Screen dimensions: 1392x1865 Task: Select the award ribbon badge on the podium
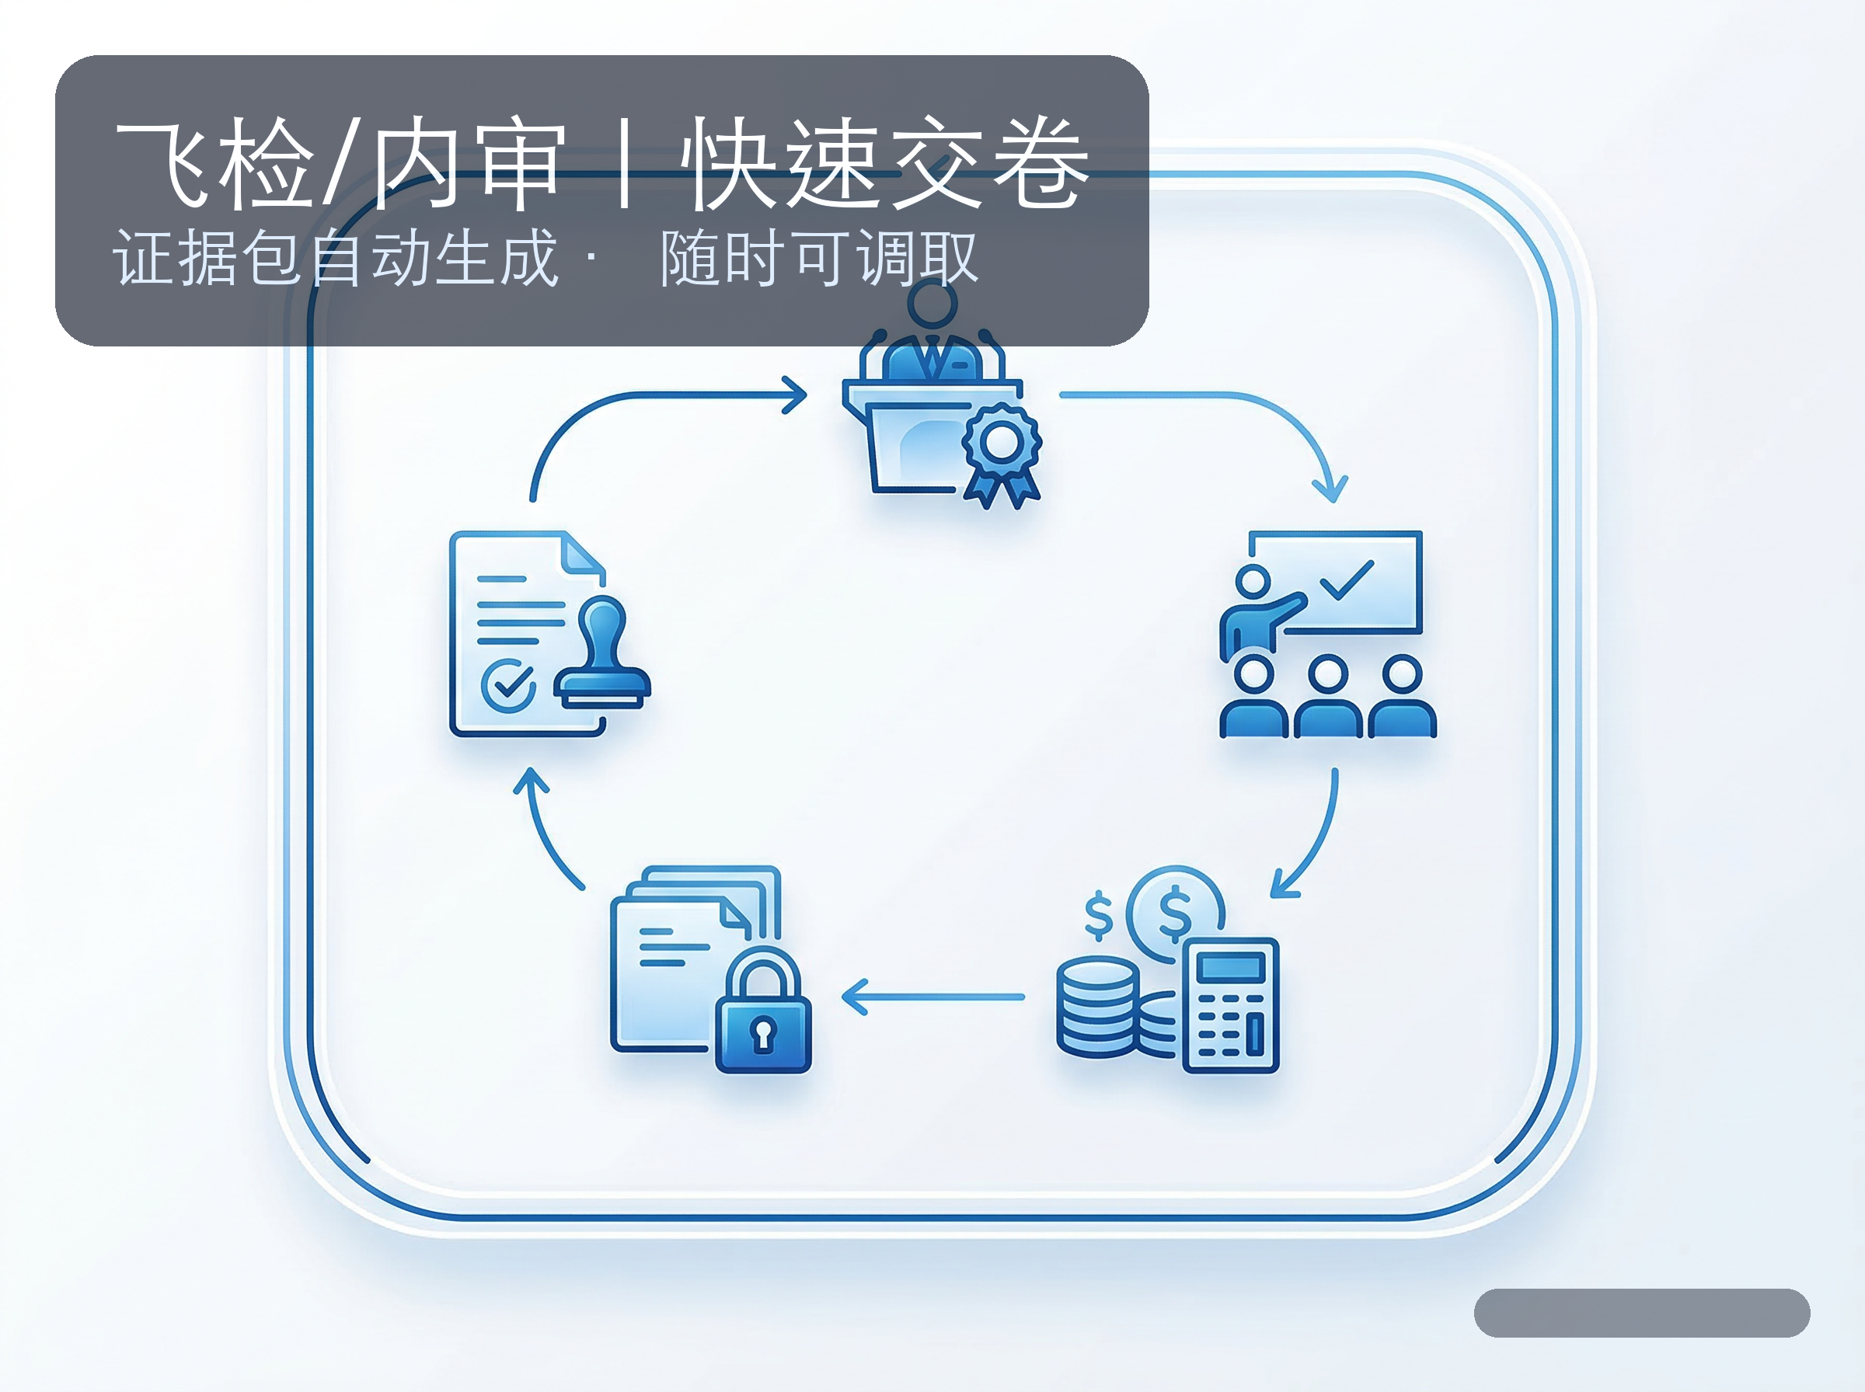pyautogui.click(x=1002, y=451)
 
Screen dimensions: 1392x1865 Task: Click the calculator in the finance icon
pyautogui.click(x=1230, y=1004)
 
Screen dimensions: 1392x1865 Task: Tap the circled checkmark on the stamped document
pyautogui.click(x=508, y=684)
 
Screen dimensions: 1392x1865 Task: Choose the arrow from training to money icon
pyautogui.click(x=1315, y=843)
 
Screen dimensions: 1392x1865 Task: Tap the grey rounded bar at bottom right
pyautogui.click(x=1641, y=1312)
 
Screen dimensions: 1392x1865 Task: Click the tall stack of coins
pyautogui.click(x=1098, y=1007)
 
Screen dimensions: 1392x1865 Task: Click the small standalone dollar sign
pyautogui.click(x=1098, y=915)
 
